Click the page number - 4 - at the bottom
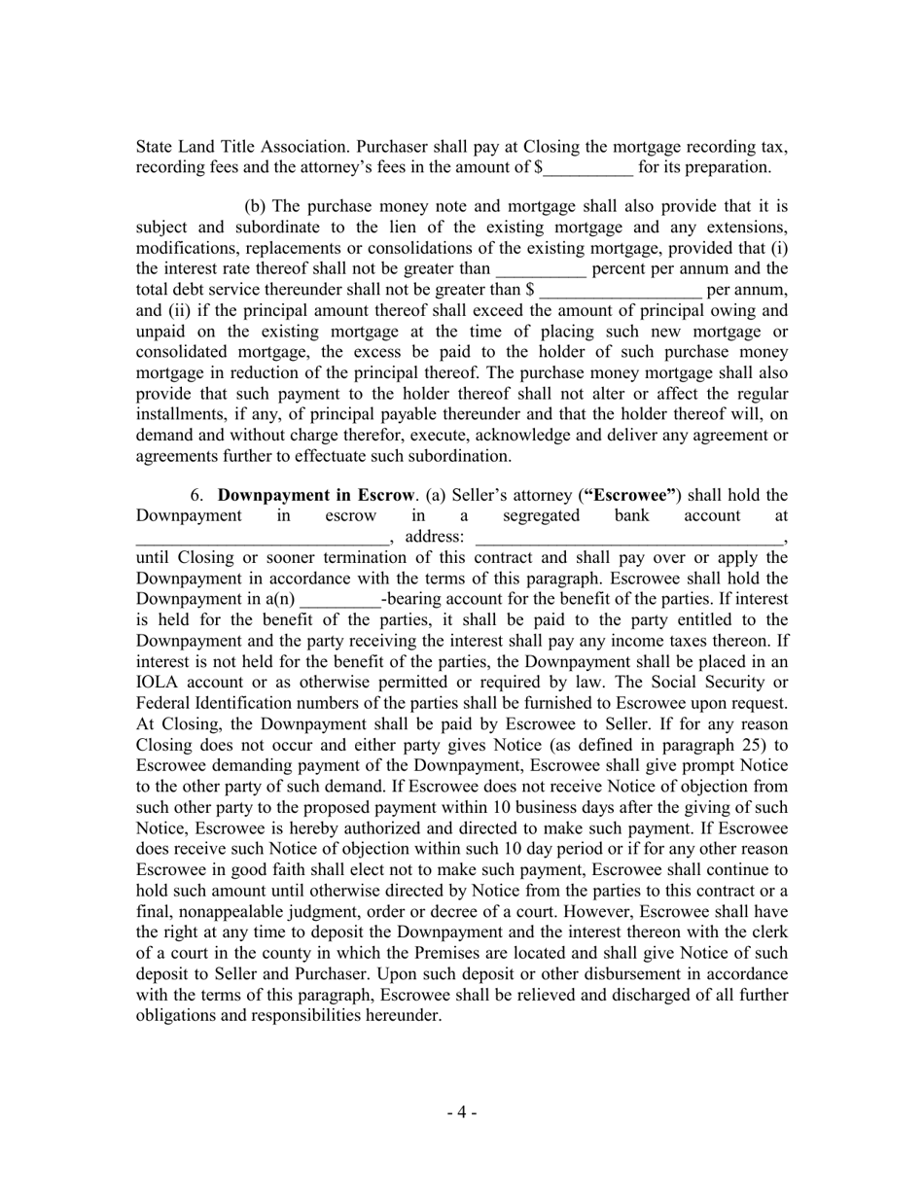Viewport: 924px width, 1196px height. (x=461, y=1111)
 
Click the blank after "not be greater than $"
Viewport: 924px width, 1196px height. (x=621, y=290)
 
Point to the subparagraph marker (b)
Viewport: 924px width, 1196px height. (x=255, y=207)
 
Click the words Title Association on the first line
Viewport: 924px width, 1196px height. (x=285, y=148)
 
